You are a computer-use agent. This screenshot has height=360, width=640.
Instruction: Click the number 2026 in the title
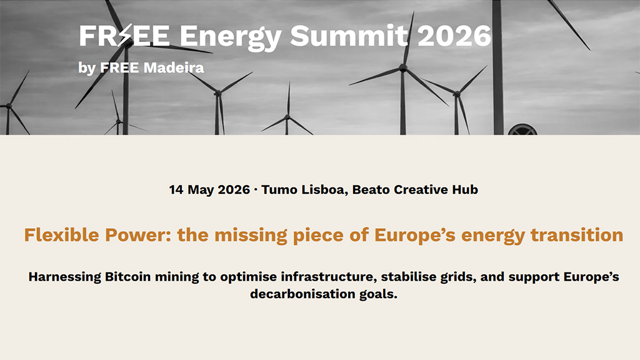454,36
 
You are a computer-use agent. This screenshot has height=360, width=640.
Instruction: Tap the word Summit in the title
349,36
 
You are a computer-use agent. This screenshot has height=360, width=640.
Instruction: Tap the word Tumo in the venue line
279,189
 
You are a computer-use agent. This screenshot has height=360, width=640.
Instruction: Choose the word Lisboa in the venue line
323,189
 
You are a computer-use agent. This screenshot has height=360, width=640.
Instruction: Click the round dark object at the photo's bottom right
522,129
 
